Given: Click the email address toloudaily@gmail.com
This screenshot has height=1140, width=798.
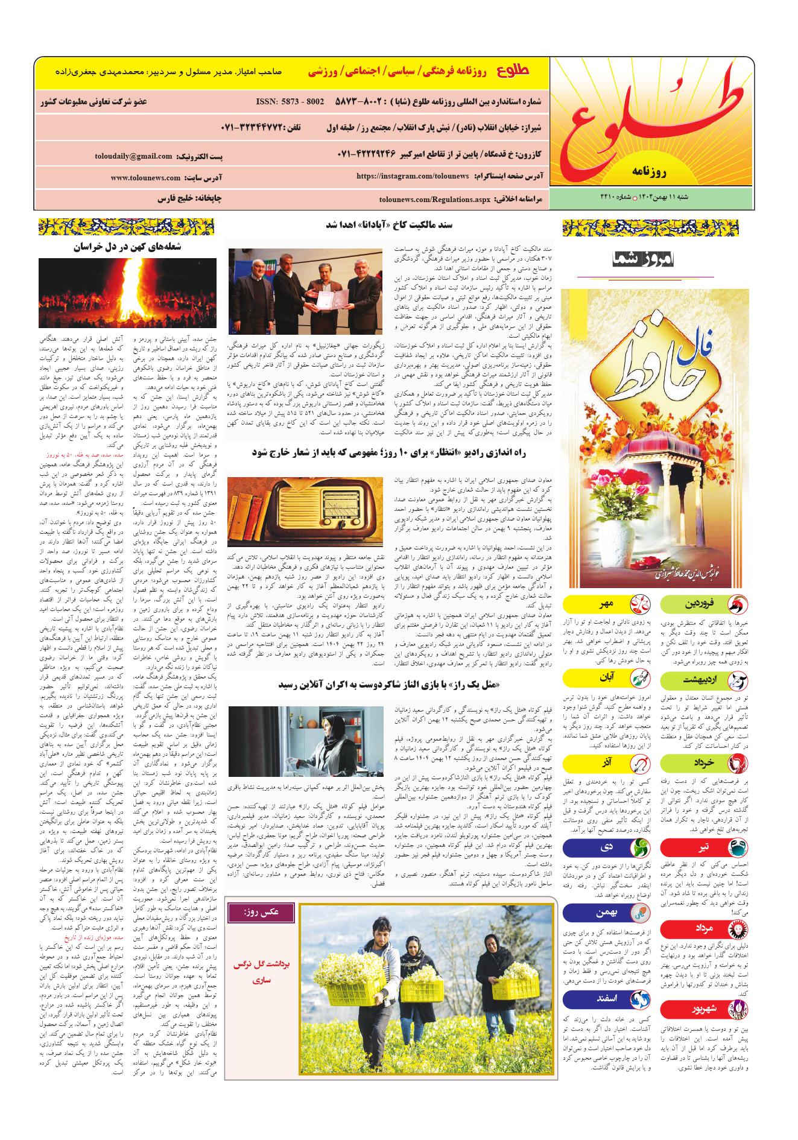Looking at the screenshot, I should pos(133,156).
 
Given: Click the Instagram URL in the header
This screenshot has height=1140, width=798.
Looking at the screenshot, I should pos(413,176).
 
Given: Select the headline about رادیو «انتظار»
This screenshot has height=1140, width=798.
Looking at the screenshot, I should pos(392,452).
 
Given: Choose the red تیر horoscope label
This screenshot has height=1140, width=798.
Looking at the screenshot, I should pos(703,847).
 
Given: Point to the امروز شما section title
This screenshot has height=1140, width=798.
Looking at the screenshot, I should pos(644,260).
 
